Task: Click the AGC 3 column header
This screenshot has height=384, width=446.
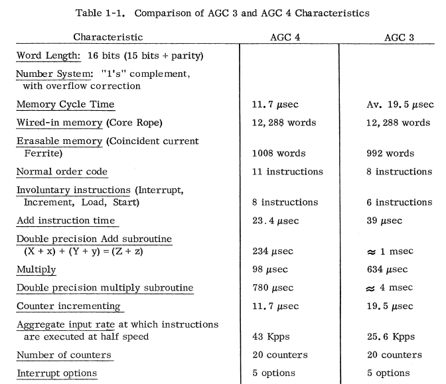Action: (x=399, y=38)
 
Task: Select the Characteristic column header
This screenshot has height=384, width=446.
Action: (x=108, y=38)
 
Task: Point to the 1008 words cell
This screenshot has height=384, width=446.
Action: (x=274, y=153)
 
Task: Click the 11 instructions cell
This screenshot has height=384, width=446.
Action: (x=287, y=172)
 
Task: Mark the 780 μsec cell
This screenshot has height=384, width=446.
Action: (x=273, y=288)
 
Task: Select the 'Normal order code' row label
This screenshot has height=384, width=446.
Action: (x=62, y=172)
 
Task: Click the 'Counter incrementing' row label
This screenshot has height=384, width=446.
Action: (x=68, y=306)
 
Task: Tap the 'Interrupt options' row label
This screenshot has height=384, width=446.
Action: (x=57, y=373)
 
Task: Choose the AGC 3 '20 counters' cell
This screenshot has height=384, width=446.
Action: (x=394, y=355)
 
